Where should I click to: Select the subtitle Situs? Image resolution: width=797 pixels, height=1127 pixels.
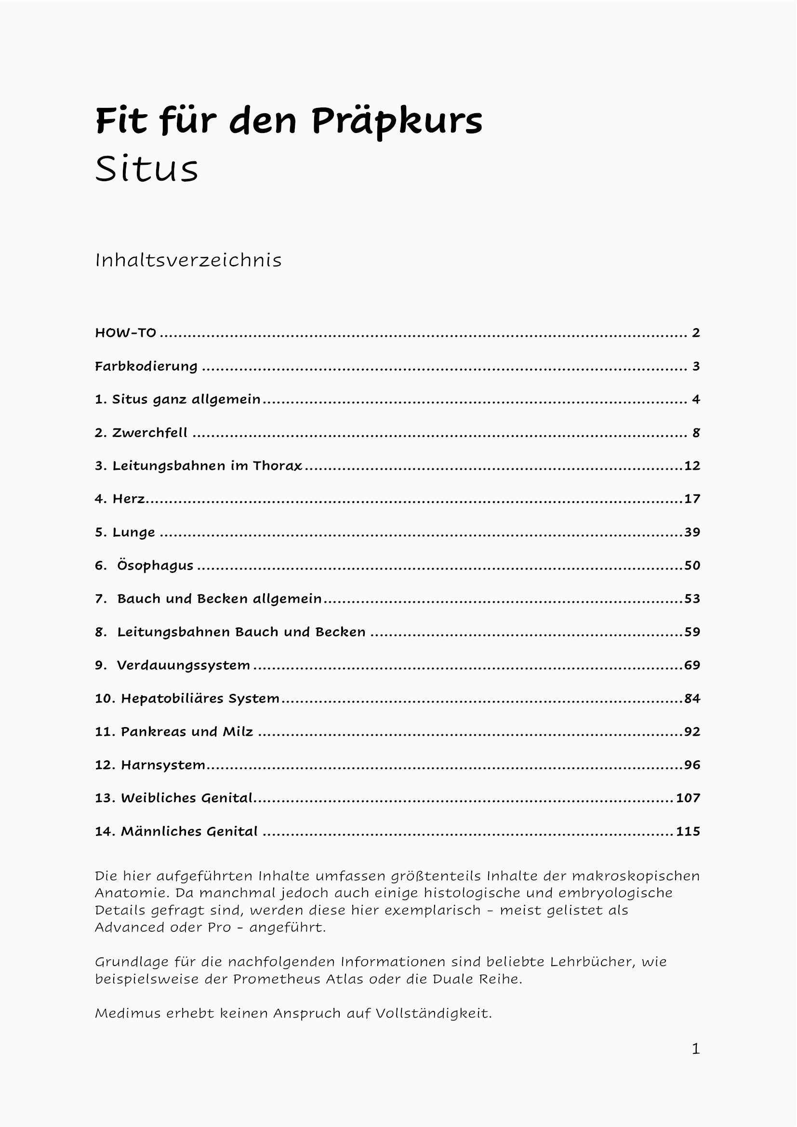146,169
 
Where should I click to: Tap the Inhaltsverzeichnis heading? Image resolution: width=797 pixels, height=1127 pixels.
188,260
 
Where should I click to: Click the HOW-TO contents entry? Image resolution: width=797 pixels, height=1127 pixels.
126,333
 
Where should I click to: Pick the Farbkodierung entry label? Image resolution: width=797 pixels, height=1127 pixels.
146,366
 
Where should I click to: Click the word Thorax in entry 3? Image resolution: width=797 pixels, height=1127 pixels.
277,465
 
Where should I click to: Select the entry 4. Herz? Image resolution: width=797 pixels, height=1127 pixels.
120,499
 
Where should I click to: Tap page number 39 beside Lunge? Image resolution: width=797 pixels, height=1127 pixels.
692,532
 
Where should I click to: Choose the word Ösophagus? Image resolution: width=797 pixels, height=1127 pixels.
155,566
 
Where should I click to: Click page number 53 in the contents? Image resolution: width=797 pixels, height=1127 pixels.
692,598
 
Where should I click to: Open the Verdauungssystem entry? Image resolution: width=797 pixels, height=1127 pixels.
183,665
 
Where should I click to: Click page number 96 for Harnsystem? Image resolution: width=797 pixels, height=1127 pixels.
692,765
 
